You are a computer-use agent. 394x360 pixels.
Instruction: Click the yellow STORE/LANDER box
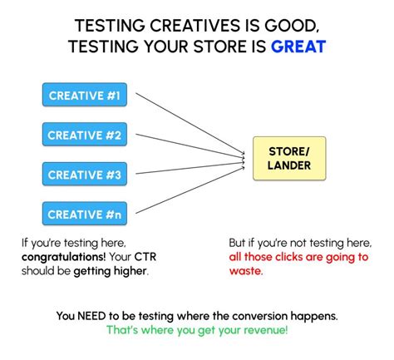(x=289, y=159)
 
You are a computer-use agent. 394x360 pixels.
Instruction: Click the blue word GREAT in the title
(x=298, y=47)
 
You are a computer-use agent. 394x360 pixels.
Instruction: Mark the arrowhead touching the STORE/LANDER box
(x=249, y=155)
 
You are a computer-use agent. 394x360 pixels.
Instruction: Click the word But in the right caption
(x=239, y=242)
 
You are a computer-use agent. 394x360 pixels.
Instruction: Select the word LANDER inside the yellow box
(x=289, y=165)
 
